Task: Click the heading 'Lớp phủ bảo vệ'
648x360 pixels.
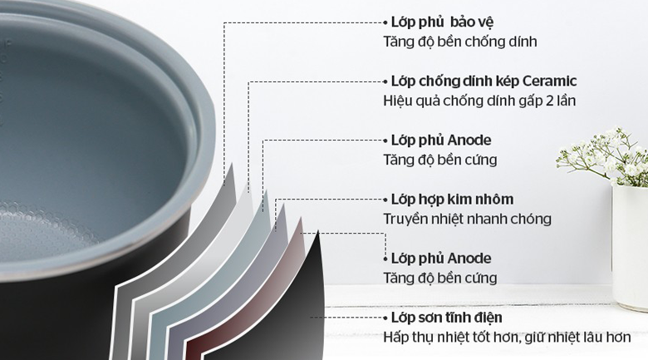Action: point(442,22)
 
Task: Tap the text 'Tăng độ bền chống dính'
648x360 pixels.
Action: point(460,42)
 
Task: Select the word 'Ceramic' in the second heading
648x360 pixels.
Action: point(549,81)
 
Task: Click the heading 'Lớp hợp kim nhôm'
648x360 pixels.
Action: point(452,200)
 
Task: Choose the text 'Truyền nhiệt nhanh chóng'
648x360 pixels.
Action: point(468,219)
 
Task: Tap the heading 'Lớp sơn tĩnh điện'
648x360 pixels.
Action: point(447,318)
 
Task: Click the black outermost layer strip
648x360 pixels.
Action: point(289,314)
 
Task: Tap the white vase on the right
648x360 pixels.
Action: point(630,248)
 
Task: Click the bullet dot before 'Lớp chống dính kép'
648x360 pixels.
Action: point(385,81)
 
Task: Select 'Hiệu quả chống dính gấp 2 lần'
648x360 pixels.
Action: point(479,101)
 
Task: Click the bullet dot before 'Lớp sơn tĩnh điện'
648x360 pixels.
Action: point(385,318)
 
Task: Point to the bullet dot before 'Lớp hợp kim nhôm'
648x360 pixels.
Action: point(385,200)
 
